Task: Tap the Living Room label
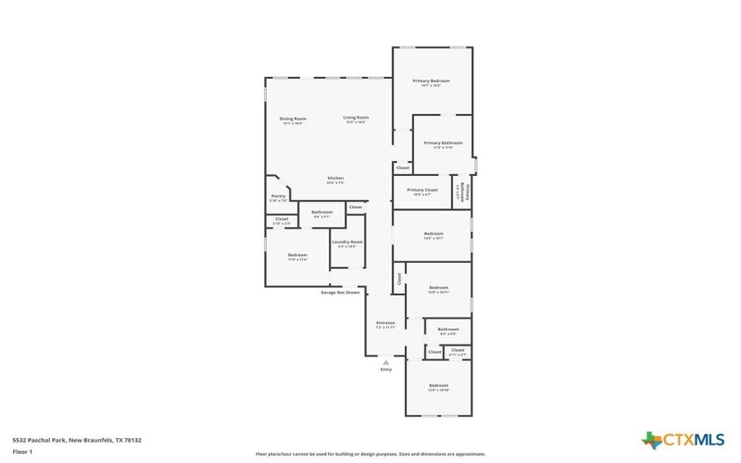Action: pyautogui.click(x=356, y=119)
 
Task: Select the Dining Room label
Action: pyautogui.click(x=293, y=119)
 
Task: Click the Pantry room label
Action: pyautogui.click(x=278, y=196)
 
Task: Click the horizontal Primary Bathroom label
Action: pyautogui.click(x=443, y=144)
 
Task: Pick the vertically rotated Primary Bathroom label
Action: pyautogui.click(x=468, y=192)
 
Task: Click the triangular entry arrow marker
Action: pyautogui.click(x=385, y=361)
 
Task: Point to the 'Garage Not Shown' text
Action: pyautogui.click(x=340, y=292)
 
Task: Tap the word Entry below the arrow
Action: pyautogui.click(x=385, y=369)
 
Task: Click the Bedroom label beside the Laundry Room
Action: pyautogui.click(x=296, y=256)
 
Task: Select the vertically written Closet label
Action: pyautogui.click(x=399, y=278)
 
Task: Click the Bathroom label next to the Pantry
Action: pyautogui.click(x=321, y=213)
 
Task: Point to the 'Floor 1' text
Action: pyautogui.click(x=22, y=452)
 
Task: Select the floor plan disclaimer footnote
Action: pyautogui.click(x=370, y=454)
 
